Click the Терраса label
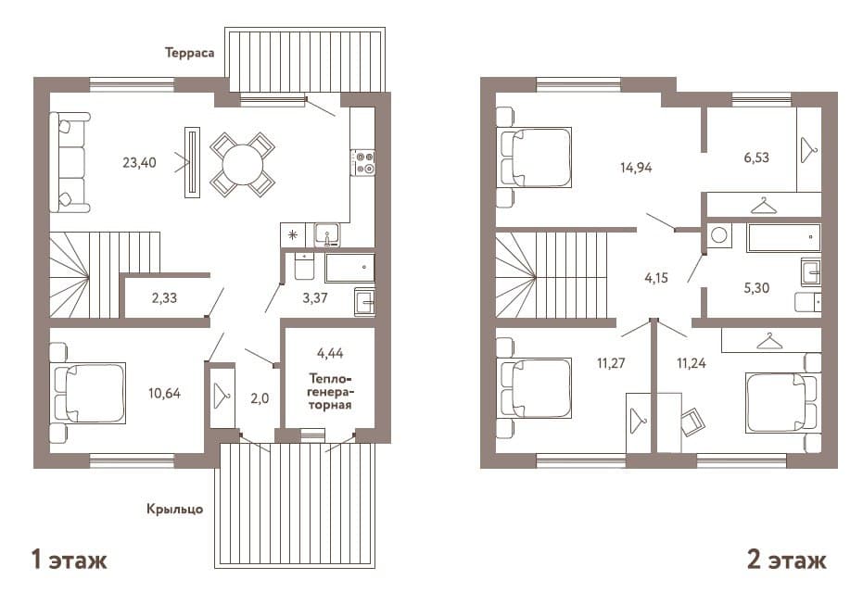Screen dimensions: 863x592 (189, 53)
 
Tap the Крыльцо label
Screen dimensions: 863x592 (174, 509)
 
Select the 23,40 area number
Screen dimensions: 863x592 (139, 163)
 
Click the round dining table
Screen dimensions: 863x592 (242, 165)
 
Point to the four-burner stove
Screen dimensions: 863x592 (362, 163)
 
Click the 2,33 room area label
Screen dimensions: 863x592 (164, 298)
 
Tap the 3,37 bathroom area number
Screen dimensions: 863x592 (315, 298)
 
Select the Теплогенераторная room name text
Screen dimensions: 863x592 (330, 392)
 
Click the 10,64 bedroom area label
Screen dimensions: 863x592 (164, 394)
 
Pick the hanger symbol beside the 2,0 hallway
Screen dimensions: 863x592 (222, 396)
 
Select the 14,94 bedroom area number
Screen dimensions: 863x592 (636, 168)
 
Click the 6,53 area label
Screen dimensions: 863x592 (756, 157)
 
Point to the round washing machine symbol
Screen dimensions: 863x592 (718, 235)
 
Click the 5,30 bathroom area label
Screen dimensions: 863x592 (756, 288)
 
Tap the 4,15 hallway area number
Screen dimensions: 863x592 (656, 278)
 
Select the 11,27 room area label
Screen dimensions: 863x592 (610, 363)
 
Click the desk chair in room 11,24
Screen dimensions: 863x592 (692, 422)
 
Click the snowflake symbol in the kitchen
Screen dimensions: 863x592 (293, 235)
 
